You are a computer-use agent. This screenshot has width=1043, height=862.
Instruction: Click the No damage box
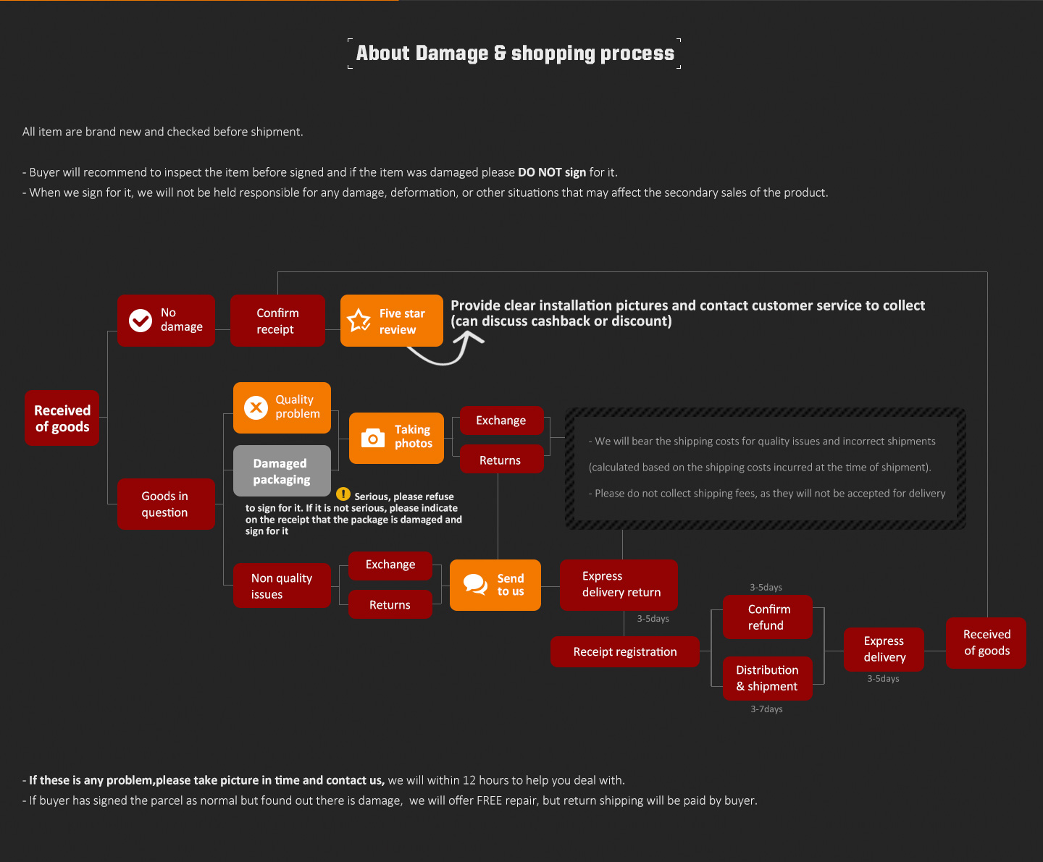click(166, 321)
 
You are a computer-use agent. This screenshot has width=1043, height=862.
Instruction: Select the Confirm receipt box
click(277, 321)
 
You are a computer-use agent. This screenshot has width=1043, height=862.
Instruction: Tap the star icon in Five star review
click(359, 321)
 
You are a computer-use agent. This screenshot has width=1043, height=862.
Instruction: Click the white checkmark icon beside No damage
click(141, 320)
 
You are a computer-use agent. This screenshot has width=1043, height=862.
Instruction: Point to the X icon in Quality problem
click(256, 407)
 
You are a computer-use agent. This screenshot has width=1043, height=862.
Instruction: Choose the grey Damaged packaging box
click(282, 471)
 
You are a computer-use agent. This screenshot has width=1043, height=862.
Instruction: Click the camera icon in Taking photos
click(373, 438)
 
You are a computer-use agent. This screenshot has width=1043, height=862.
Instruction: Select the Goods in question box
click(166, 504)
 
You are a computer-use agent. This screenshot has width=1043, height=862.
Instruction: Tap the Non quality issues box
click(282, 586)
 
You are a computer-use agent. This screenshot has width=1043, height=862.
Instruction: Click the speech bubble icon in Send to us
click(475, 584)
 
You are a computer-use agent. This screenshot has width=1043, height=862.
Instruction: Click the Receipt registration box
click(624, 651)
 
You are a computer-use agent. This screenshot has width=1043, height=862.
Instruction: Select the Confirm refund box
click(767, 617)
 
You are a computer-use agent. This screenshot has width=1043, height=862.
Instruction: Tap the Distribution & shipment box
click(767, 678)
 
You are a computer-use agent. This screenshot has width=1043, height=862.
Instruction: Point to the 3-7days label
click(766, 709)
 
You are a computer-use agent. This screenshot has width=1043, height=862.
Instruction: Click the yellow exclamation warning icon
click(343, 494)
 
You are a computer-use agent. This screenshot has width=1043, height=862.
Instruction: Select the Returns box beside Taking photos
click(500, 460)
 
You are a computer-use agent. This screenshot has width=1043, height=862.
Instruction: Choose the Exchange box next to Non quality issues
click(390, 565)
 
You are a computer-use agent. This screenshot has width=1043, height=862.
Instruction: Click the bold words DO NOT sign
click(552, 172)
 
